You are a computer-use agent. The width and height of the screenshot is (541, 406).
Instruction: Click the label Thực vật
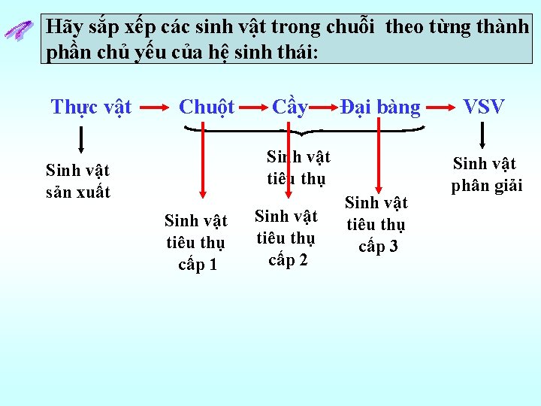coord(91,107)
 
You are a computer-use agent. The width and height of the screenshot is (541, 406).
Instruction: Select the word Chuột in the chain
coord(207,107)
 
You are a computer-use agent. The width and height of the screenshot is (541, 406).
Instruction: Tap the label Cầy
coord(290,107)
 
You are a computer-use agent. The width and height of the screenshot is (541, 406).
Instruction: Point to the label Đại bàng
coord(380,107)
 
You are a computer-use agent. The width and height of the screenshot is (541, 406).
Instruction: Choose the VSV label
coord(484,107)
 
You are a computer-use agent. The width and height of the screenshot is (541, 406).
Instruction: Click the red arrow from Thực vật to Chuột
coord(154,108)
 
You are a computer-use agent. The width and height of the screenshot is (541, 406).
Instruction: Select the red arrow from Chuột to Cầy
coord(252,108)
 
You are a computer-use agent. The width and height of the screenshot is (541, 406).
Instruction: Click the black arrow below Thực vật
coord(81,141)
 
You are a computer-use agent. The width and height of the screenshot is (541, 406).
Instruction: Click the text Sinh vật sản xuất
coord(78,181)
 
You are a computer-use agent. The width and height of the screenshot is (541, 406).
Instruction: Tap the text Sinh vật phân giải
coord(486,174)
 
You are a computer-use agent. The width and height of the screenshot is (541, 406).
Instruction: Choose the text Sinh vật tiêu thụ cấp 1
coord(195,242)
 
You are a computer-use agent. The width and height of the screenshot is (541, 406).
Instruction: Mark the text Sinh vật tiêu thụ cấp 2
coord(286,238)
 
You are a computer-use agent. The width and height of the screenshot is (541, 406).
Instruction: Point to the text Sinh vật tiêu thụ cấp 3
coord(376,224)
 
